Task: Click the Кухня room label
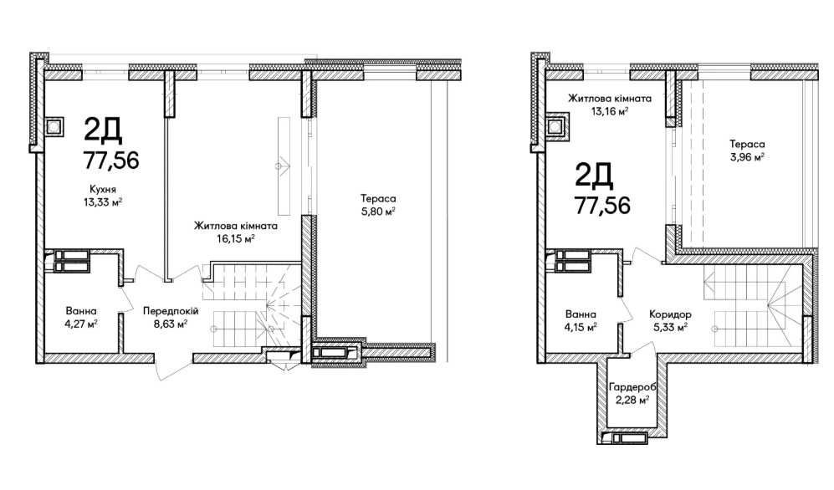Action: pos(103,189)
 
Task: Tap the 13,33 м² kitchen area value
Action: pos(103,202)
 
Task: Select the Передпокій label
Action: pos(170,311)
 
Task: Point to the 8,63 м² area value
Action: pos(170,324)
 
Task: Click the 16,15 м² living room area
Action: pos(235,238)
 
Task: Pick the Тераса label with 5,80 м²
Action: pos(378,199)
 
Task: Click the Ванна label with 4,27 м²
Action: pos(81,311)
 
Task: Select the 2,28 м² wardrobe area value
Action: pos(632,400)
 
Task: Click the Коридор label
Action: pos(670,314)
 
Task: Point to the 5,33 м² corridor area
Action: pos(670,327)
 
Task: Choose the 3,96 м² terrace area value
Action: pos(747,156)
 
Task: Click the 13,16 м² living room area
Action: pos(610,111)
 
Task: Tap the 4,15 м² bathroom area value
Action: pos(581,327)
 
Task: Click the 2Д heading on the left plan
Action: pos(103,130)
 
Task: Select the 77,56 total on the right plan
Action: pos(602,205)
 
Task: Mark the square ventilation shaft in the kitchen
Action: pos(54,127)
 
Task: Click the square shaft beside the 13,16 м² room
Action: pos(555,127)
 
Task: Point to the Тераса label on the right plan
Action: pos(747,144)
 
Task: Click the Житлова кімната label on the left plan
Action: pos(235,226)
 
